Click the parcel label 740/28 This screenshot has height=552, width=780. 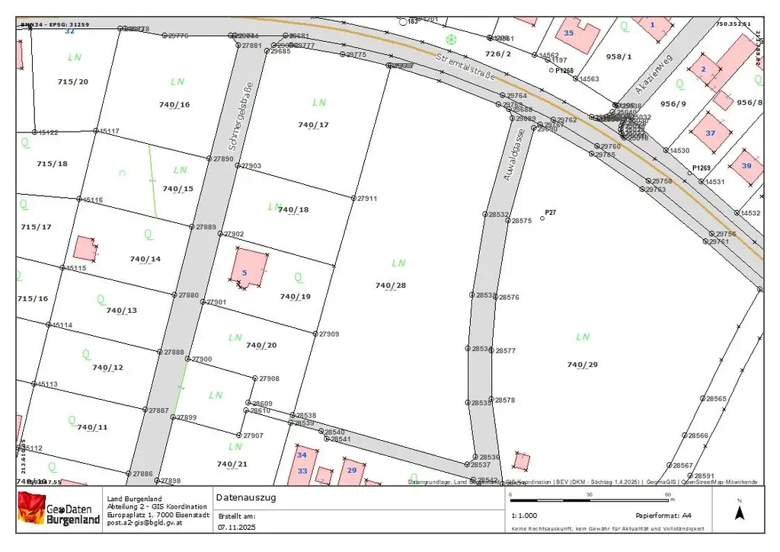point(391,286)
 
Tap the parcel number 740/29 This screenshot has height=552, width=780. point(583,365)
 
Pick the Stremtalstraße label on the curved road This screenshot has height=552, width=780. point(465,66)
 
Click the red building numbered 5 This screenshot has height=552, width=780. point(250,269)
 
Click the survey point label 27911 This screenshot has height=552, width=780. point(368,198)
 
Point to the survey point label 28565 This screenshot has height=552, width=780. point(717,398)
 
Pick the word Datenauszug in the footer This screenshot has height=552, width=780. point(246,498)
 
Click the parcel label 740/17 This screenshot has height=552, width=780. point(313,125)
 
